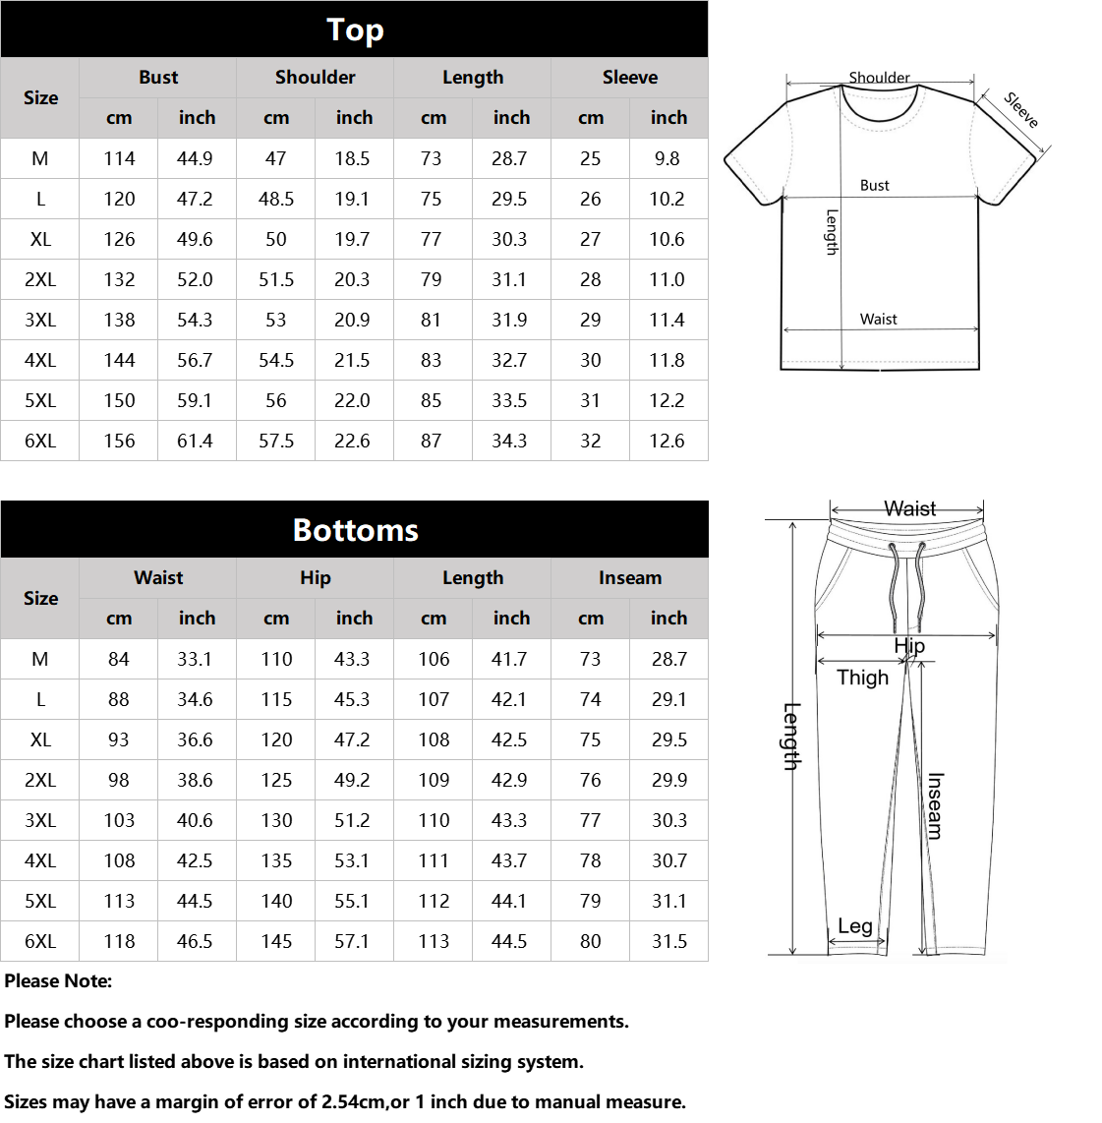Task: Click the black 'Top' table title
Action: click(355, 30)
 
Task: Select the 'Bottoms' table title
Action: click(355, 530)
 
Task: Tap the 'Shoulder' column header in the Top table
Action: click(315, 77)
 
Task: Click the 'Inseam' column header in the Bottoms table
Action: click(629, 577)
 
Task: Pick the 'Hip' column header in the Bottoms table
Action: click(315, 577)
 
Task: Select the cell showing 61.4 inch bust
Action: click(195, 441)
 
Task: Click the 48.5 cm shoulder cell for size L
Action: click(276, 199)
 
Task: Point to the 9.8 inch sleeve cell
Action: click(667, 158)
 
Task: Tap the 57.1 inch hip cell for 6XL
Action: click(352, 941)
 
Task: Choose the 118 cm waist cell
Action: click(119, 941)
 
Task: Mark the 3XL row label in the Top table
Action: click(40, 320)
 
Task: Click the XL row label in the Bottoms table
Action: click(40, 739)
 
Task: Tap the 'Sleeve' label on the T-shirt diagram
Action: click(1021, 109)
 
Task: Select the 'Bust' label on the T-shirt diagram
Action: click(874, 185)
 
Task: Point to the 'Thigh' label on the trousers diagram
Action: click(862, 678)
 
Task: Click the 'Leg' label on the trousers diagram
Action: click(854, 926)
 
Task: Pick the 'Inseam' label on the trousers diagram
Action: click(934, 805)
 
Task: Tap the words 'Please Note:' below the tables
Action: click(58, 980)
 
